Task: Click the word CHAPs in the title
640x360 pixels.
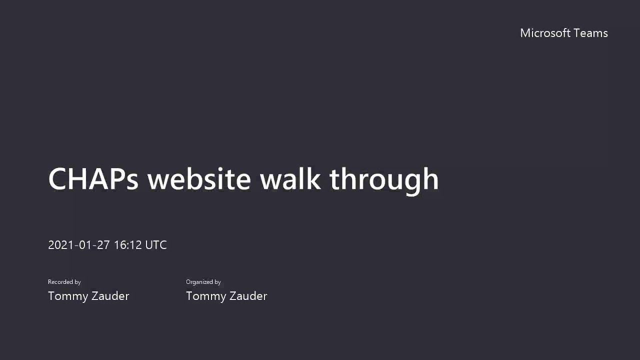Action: click(x=93, y=179)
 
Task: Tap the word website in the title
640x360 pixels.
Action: click(x=199, y=179)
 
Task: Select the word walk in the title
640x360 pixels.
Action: click(x=290, y=179)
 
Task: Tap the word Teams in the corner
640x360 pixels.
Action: click(x=590, y=33)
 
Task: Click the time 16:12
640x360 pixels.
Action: click(x=128, y=245)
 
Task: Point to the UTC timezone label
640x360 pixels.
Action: click(x=156, y=245)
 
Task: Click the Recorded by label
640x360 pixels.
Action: click(x=64, y=282)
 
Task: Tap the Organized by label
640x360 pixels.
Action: click(x=203, y=282)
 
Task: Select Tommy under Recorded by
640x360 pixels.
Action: click(x=66, y=296)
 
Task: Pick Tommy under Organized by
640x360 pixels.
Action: click(x=204, y=296)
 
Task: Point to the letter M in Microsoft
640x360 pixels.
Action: click(x=525, y=33)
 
